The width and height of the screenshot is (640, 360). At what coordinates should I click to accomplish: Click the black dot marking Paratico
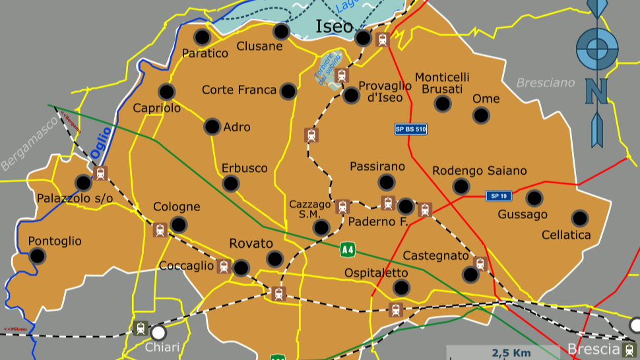pyautogui.click(x=203, y=37)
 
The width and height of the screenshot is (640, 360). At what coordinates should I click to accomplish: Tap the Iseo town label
pyautogui.click(x=334, y=26)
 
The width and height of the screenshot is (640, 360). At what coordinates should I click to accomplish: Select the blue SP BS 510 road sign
pyautogui.click(x=410, y=129)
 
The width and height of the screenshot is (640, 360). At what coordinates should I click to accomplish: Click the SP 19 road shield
pyautogui.click(x=498, y=196)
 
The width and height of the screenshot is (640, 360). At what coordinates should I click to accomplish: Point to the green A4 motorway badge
pyautogui.click(x=348, y=249)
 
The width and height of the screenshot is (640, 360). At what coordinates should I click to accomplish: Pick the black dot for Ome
pyautogui.click(x=482, y=115)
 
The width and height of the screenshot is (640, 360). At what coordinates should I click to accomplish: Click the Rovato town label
pyautogui.click(x=251, y=243)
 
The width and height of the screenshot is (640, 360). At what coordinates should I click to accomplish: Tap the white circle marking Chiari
pyautogui.click(x=158, y=332)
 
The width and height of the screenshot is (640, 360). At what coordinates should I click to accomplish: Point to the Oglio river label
pyautogui.click(x=101, y=142)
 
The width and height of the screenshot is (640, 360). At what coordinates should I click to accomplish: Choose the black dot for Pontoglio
pyautogui.click(x=38, y=256)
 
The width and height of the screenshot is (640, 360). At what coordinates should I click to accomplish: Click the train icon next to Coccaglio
pyautogui.click(x=224, y=266)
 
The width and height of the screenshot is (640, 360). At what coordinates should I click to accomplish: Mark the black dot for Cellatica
pyautogui.click(x=579, y=218)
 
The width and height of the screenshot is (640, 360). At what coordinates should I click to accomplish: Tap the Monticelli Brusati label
pyautogui.click(x=442, y=83)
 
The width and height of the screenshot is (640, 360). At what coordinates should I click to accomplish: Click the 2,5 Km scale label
pyautogui.click(x=511, y=353)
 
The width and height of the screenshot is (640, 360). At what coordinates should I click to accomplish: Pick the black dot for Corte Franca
pyautogui.click(x=288, y=91)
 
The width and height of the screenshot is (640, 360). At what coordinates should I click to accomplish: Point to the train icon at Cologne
pyautogui.click(x=159, y=230)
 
